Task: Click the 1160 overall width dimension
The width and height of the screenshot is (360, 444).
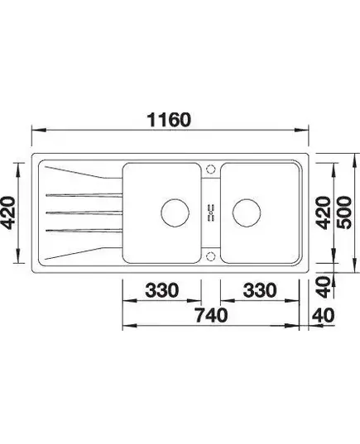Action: pyautogui.click(x=169, y=120)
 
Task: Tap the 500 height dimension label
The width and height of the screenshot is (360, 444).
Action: pyautogui.click(x=345, y=212)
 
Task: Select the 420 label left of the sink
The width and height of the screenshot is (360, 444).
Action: pyautogui.click(x=7, y=212)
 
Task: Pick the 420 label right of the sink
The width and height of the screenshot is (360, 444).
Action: pyautogui.click(x=324, y=212)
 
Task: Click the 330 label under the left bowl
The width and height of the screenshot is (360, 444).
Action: pyautogui.click(x=162, y=290)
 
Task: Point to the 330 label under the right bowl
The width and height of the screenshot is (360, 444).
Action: pyautogui.click(x=260, y=290)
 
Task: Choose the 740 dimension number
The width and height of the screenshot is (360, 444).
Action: pyautogui.click(x=211, y=315)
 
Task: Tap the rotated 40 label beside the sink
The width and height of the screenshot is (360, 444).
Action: pyautogui.click(x=324, y=288)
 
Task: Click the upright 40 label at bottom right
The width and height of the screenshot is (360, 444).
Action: pyautogui.click(x=323, y=315)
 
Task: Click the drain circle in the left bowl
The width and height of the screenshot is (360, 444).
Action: pyautogui.click(x=175, y=212)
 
